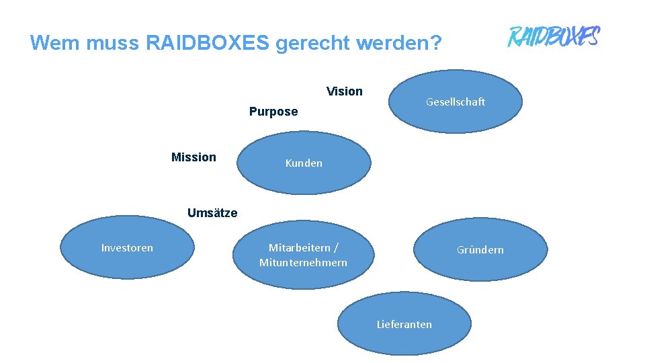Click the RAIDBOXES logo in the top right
pos(553,36)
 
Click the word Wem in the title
pos(54,43)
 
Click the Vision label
pos(344,91)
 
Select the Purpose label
pos(273,112)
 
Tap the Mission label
pos(193,157)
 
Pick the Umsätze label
pos(212,213)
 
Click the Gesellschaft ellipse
pos(456,102)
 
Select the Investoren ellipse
pos(127,248)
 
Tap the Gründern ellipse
pos(480,249)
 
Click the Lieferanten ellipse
pos(404,324)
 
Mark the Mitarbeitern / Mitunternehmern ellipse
pos(304,255)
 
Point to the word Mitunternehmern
pos(304,263)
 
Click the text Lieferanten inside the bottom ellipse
pos(404,325)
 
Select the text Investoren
pos(127,248)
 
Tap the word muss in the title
pos(108,43)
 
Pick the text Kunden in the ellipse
pos(304,163)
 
